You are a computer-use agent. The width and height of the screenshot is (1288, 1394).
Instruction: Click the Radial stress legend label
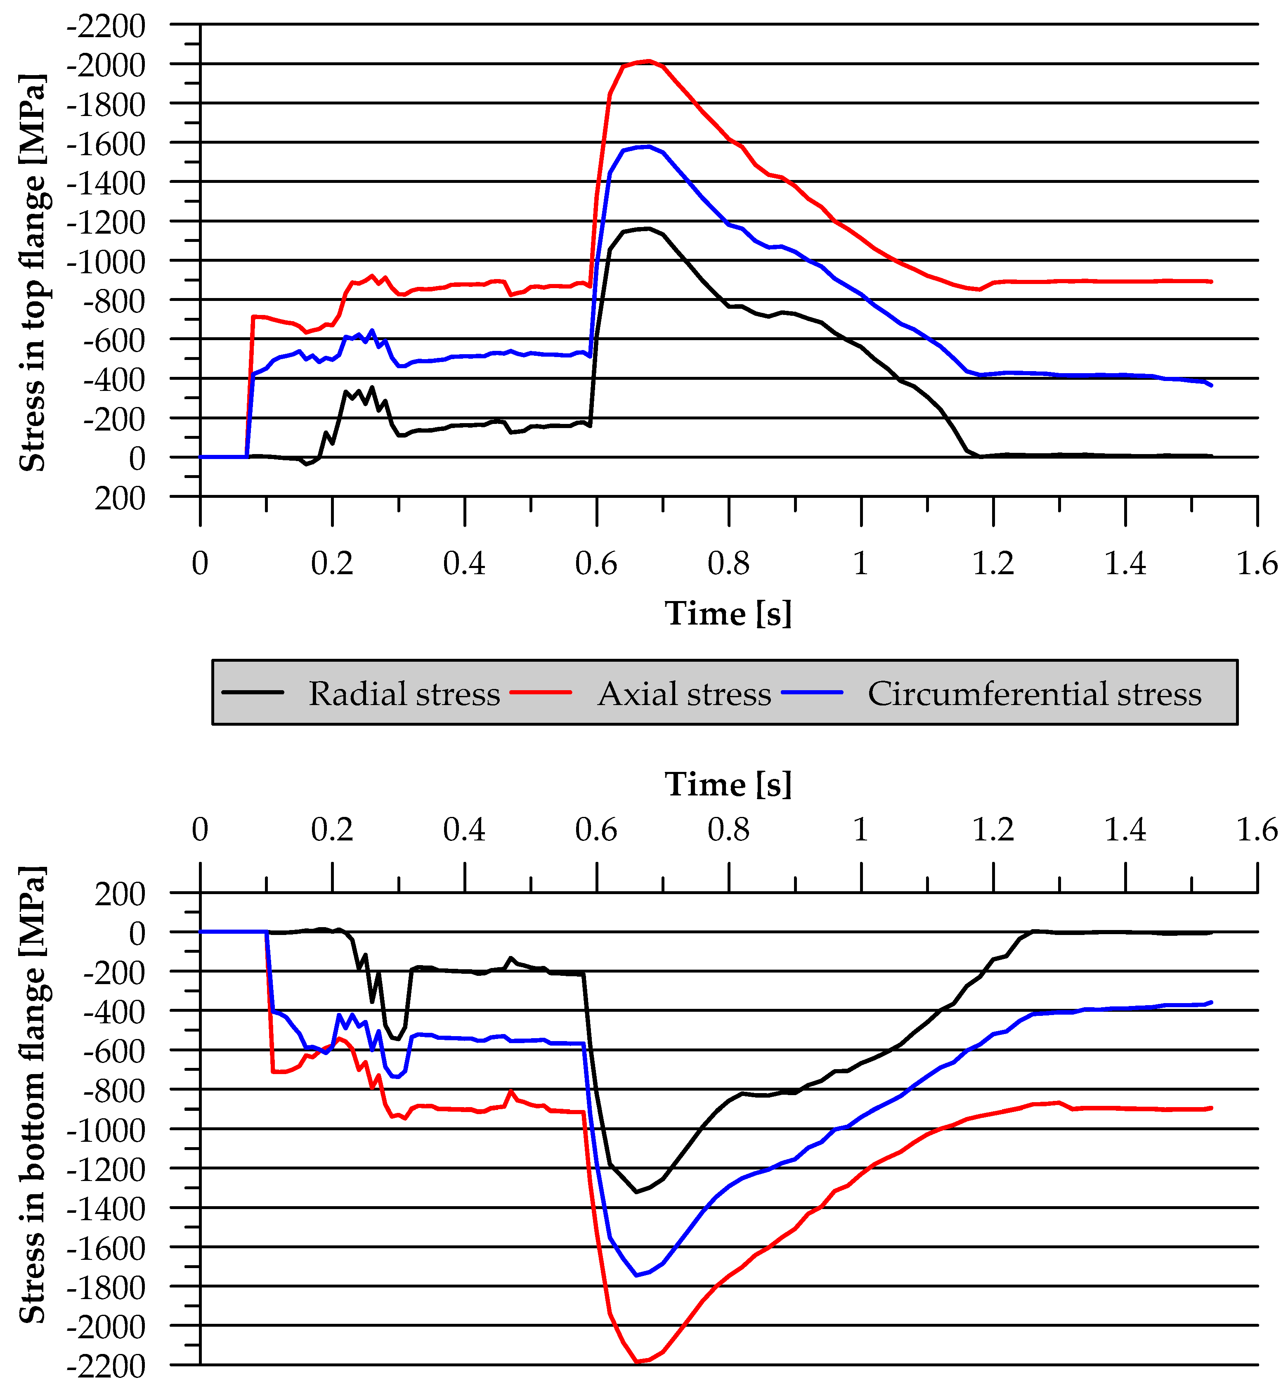tap(404, 694)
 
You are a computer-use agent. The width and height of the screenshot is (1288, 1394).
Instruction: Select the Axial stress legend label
tap(684, 694)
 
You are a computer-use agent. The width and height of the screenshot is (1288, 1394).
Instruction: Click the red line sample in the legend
tap(541, 693)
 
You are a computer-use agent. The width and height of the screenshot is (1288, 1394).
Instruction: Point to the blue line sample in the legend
tap(812, 693)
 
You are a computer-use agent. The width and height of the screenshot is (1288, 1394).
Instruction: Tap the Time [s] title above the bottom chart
tap(728, 785)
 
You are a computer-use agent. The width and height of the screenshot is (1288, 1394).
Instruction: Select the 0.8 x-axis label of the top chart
tap(728, 563)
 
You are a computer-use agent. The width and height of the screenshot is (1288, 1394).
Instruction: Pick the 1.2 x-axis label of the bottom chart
tap(993, 829)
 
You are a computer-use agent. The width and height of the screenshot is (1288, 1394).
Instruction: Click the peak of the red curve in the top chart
tap(649, 62)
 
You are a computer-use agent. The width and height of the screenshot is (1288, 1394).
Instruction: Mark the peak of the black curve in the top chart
tap(648, 229)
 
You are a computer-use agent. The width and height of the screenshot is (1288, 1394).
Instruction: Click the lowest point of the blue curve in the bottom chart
tap(636, 1276)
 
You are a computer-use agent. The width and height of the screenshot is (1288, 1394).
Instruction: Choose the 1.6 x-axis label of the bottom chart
tap(1257, 829)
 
